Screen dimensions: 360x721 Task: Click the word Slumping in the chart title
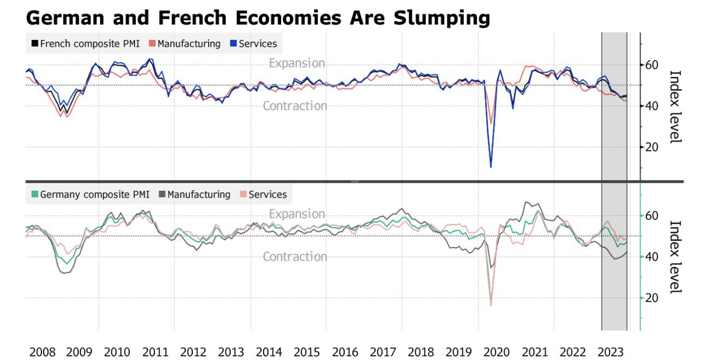pos(441,18)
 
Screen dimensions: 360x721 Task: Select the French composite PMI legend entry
pos(85,44)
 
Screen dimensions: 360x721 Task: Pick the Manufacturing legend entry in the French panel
pos(184,44)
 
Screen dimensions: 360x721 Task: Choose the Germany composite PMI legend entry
pos(91,194)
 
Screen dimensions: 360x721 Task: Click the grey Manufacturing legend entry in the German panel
pos(194,194)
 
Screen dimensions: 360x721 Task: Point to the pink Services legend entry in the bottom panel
pos(263,194)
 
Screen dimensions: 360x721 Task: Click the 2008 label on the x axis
pos(42,352)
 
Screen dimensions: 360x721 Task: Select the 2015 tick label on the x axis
pos(306,352)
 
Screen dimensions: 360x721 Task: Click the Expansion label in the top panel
pos(297,63)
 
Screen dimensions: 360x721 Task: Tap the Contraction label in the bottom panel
pos(295,257)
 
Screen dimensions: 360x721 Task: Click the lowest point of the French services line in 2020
pos(490,167)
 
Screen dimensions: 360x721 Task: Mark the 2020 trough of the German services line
pos(490,305)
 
